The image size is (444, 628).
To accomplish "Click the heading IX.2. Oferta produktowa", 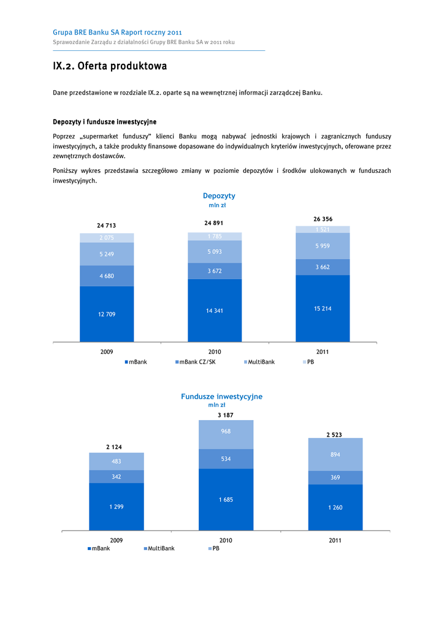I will [110, 66].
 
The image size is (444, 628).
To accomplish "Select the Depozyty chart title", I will [219, 196].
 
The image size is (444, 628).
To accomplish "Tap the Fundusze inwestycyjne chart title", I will [221, 397].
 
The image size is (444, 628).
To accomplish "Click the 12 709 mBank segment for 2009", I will [107, 314].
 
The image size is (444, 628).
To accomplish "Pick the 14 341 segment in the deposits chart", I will [215, 310].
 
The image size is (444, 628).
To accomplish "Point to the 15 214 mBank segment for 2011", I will [323, 308].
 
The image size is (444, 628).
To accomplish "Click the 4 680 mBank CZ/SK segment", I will [107, 276].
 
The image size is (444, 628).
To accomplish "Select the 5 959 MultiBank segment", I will [323, 246].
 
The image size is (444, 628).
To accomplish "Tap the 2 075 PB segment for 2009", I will [107, 238].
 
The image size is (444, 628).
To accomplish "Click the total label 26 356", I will [323, 219].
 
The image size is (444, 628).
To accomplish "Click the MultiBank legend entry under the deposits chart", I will [259, 362].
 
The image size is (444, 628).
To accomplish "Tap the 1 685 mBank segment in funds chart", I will [226, 500].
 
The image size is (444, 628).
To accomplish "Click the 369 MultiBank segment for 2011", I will [335, 477].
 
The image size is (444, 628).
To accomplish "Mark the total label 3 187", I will [226, 415].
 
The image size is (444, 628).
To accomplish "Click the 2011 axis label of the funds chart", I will [335, 540].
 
